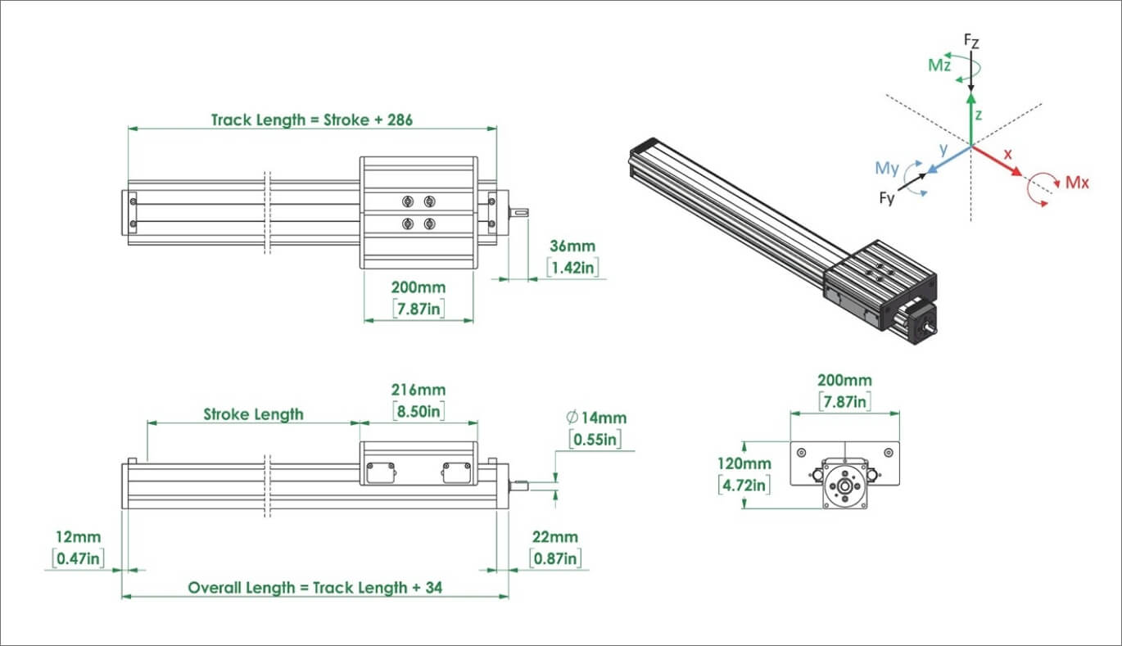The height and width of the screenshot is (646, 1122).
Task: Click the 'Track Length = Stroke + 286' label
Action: tap(312, 120)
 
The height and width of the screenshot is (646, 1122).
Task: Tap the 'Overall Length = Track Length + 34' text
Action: tap(315, 587)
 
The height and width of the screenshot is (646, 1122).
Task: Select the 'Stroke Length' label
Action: tap(253, 414)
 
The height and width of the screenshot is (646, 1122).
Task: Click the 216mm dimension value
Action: tap(418, 391)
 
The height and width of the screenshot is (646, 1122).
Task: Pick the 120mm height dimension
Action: tap(744, 463)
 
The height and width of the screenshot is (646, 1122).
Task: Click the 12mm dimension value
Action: tap(79, 538)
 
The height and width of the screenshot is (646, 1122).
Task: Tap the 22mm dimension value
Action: tap(555, 538)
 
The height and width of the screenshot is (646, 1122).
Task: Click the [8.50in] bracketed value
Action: tap(418, 411)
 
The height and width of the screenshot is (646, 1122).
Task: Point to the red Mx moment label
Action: tap(1077, 183)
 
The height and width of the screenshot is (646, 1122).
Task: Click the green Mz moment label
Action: tap(939, 66)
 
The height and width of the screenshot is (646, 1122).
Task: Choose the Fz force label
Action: tap(970, 39)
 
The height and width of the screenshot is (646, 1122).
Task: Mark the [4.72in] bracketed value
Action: tap(744, 485)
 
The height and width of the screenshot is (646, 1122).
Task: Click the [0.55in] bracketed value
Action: tap(595, 439)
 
